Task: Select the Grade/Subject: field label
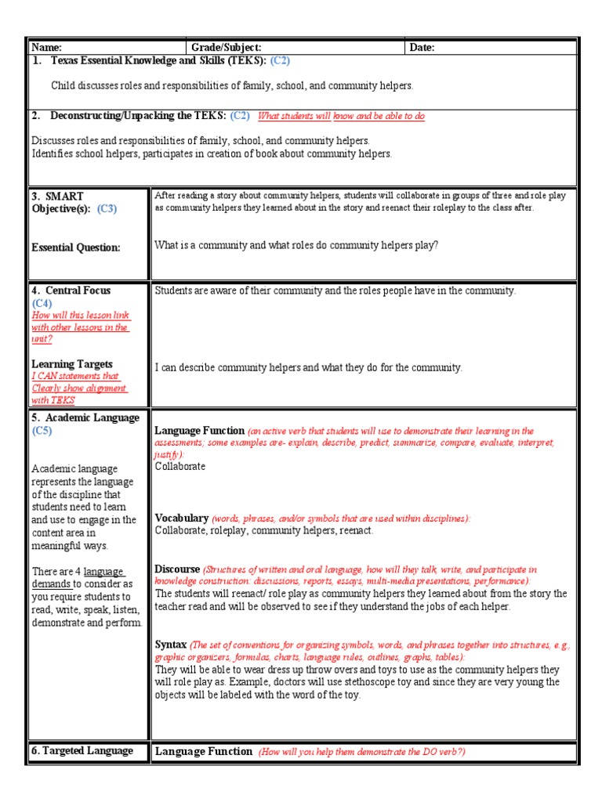click(227, 48)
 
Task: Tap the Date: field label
click(422, 48)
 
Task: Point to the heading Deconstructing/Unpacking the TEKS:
click(139, 116)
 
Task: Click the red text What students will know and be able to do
click(341, 117)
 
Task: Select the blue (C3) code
click(107, 208)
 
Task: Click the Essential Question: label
click(76, 247)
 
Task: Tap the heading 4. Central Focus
click(71, 291)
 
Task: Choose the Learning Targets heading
click(72, 364)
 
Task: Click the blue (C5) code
click(42, 431)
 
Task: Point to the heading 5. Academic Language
click(85, 418)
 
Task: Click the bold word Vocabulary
click(182, 518)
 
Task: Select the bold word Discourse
click(178, 569)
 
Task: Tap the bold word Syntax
click(171, 645)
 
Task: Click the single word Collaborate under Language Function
click(180, 466)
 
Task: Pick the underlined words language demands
click(78, 578)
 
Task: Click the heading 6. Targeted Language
click(82, 750)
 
